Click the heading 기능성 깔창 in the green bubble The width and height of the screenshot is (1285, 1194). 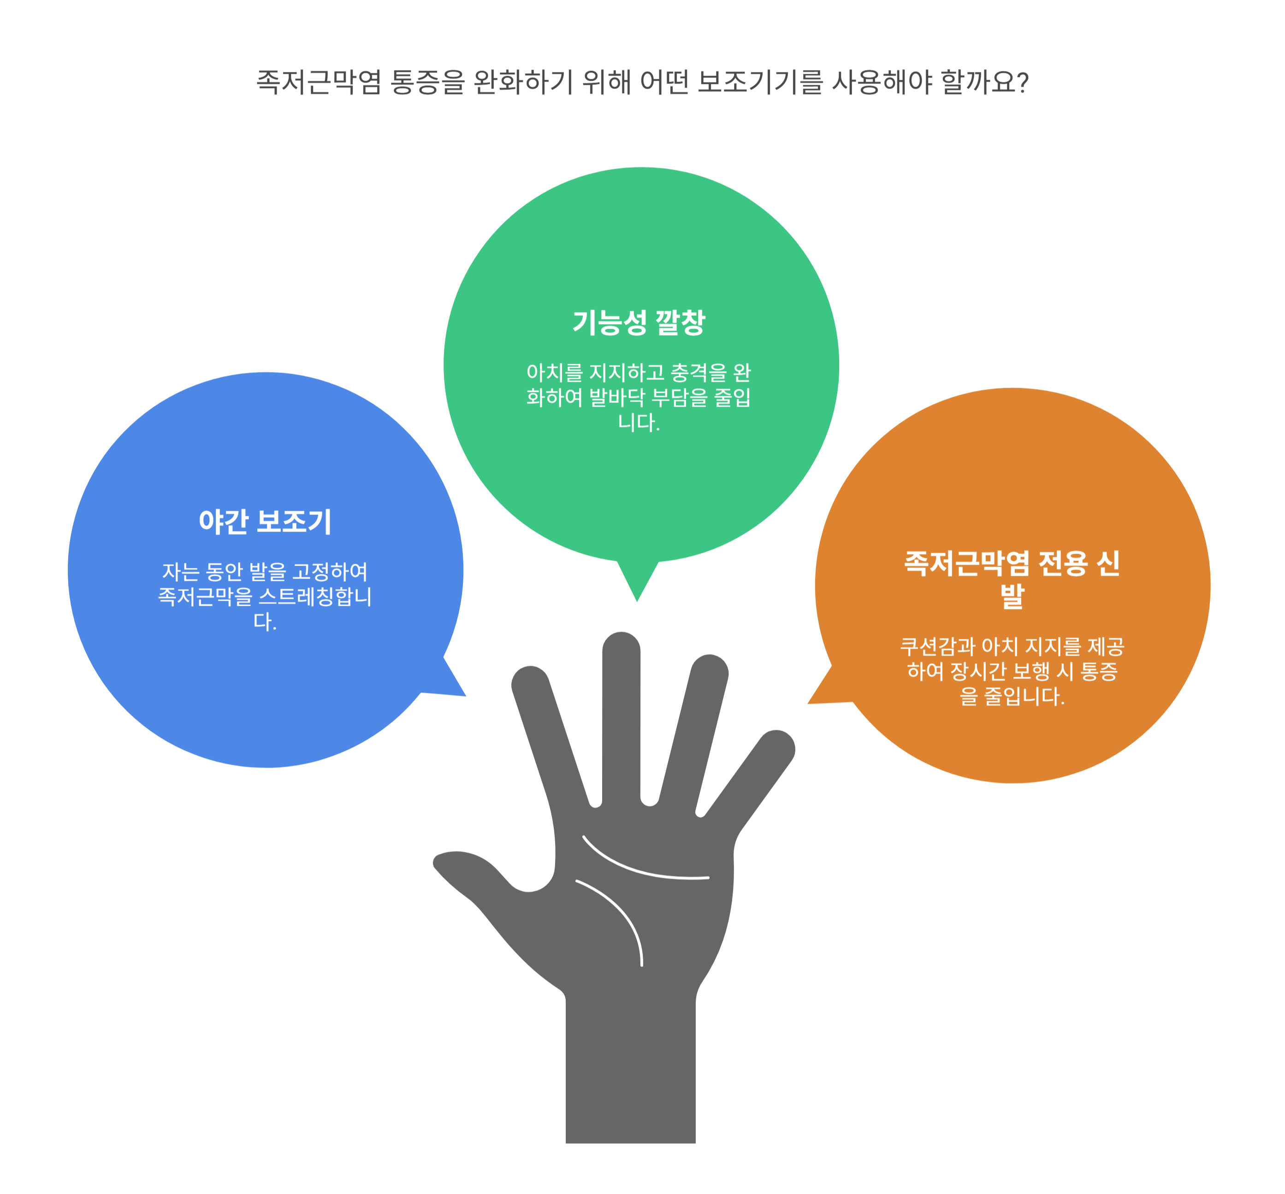pos(638,322)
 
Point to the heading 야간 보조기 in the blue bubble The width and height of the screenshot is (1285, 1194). pos(265,521)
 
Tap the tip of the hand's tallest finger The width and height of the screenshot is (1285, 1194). pos(621,643)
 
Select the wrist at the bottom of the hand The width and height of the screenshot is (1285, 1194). pos(630,1099)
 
